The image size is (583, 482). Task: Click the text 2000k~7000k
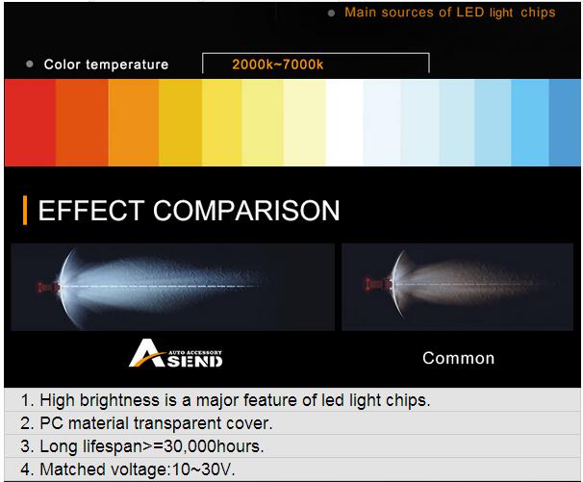(278, 64)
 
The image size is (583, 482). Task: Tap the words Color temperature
(106, 64)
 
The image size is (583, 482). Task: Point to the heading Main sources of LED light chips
(450, 13)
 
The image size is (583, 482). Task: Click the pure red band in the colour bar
(30, 122)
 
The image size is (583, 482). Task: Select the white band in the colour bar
(344, 122)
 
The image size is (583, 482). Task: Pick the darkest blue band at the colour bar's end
(565, 122)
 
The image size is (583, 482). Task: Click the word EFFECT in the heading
(91, 211)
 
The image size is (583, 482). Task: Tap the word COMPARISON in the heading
(246, 211)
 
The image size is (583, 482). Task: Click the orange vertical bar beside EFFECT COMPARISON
(25, 210)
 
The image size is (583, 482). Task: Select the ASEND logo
(176, 353)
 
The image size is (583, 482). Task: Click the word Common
(459, 358)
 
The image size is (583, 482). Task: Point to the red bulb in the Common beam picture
(378, 285)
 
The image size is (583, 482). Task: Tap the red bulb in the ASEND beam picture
(48, 287)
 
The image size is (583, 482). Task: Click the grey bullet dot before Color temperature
(30, 63)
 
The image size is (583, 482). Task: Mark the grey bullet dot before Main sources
(331, 13)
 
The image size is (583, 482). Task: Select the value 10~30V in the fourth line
(203, 469)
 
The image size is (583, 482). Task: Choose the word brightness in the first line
(119, 400)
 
